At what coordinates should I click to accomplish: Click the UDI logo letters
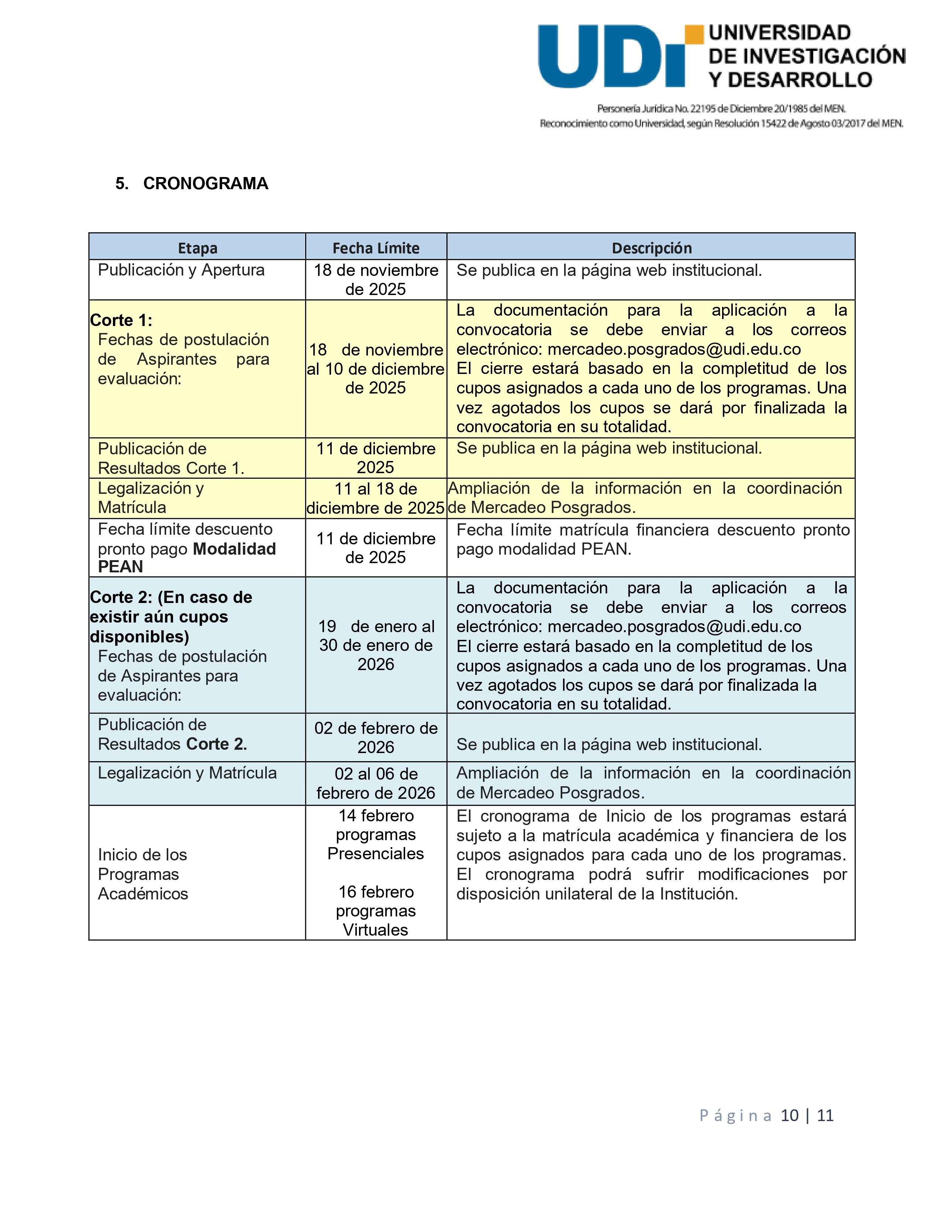pos(610,57)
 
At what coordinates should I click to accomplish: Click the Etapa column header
pos(197,248)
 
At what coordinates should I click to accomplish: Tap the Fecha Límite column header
pos(376,248)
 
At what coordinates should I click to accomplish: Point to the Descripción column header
pos(651,248)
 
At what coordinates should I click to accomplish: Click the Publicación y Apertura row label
pos(181,270)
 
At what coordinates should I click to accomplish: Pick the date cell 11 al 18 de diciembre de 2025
pos(376,499)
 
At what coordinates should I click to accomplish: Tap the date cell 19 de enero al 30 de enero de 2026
pos(376,645)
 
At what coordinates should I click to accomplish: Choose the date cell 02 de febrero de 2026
pos(376,738)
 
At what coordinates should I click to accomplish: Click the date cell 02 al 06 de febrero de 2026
pos(376,783)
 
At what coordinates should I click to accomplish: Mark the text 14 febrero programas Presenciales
pos(376,835)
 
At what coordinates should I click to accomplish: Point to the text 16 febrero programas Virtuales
pos(376,911)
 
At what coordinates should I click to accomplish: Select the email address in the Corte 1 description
pos(674,349)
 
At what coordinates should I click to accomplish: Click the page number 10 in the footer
pos(789,1115)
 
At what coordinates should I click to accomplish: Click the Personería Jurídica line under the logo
pos(721,109)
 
